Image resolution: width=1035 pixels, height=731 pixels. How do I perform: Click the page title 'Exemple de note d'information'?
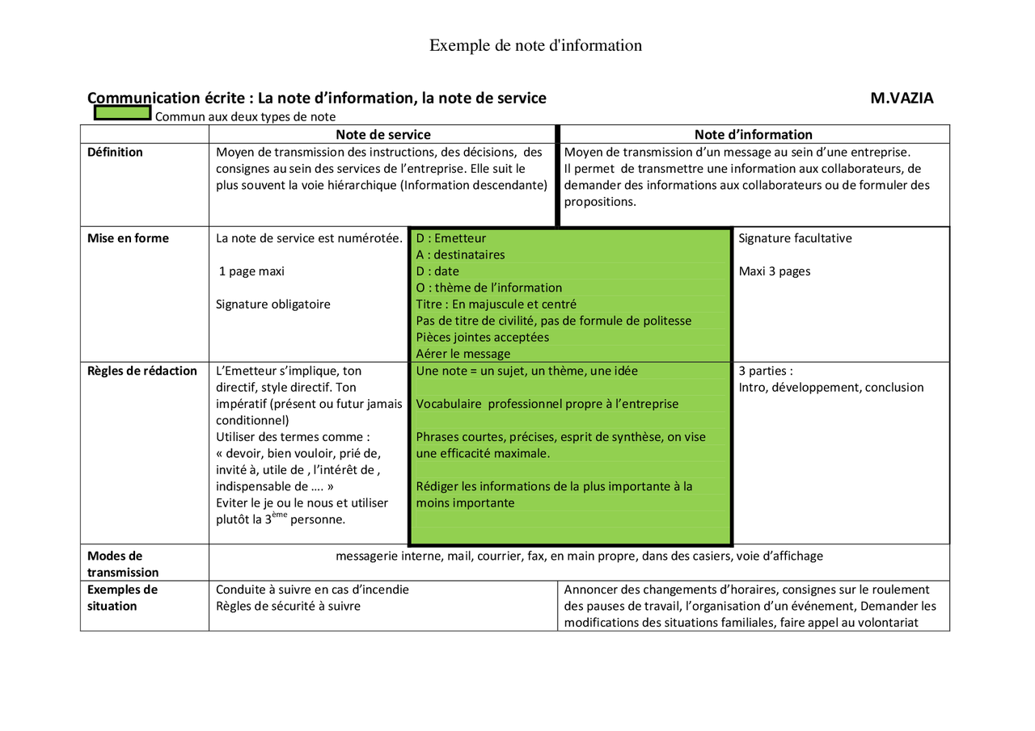point(535,45)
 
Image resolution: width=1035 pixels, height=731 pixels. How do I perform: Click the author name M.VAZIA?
point(902,99)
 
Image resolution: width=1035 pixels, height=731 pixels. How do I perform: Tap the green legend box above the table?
point(123,113)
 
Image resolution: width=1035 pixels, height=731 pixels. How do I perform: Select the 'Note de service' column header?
point(383,135)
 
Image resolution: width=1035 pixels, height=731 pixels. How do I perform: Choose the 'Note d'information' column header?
point(753,135)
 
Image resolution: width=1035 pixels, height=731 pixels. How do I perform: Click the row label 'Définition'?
point(115,152)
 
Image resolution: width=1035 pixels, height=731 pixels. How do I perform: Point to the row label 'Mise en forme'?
point(128,238)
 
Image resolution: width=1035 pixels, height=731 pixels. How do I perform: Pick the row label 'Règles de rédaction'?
point(142,371)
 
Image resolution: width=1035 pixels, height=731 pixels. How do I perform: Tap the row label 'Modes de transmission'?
point(123,564)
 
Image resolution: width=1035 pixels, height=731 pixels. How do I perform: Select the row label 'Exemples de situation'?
point(123,598)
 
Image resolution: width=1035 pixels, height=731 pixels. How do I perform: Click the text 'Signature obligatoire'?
point(273,305)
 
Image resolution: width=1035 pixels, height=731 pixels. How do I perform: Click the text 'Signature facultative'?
point(795,238)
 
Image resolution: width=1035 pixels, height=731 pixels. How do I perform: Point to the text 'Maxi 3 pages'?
point(775,271)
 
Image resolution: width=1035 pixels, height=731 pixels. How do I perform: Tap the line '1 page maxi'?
point(251,271)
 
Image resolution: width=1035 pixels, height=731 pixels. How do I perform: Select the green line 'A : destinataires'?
point(460,255)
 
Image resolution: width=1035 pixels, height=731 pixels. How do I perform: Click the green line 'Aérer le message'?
point(463,354)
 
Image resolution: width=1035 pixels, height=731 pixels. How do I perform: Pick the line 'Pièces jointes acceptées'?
point(483,338)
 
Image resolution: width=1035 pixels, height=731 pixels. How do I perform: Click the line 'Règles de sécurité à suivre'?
point(288,606)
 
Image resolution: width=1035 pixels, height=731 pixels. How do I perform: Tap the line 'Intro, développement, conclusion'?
point(831,388)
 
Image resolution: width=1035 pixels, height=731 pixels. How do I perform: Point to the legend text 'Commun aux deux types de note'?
point(246,117)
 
